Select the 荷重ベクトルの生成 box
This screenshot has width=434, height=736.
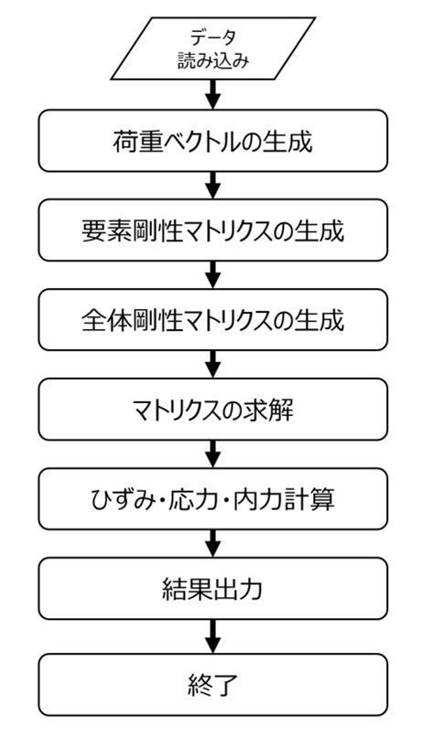coord(212,142)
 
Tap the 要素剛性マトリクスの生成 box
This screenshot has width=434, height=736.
coord(212,231)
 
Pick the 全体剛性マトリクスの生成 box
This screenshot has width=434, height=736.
coord(212,321)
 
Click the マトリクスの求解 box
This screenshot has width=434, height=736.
coord(212,411)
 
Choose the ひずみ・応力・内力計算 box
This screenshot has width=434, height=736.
coord(212,500)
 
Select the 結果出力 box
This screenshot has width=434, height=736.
coord(212,590)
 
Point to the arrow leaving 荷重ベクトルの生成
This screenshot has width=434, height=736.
coord(212,187)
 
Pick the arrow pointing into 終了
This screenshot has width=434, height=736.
coord(212,635)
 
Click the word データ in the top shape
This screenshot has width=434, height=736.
coord(212,37)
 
